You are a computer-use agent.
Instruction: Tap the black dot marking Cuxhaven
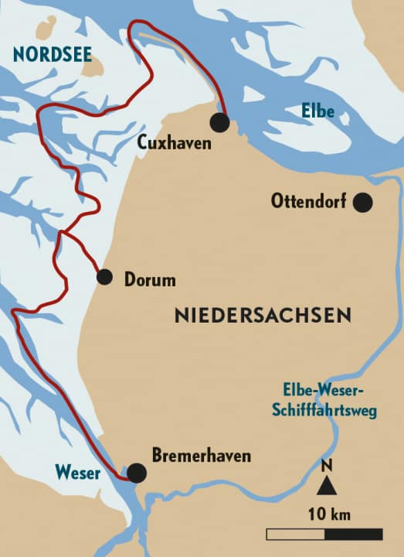(220, 121)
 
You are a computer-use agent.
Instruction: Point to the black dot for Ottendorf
(362, 203)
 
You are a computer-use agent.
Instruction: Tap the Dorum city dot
(104, 277)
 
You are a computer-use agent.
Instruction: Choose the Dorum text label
(150, 280)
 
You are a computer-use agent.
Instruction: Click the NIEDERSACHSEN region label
(263, 316)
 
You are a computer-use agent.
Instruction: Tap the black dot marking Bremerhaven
(137, 473)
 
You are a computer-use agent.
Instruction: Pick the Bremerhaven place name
(201, 456)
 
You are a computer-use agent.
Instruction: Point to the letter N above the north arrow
(326, 467)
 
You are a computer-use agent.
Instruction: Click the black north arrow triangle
(326, 485)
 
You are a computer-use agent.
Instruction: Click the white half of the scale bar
(295, 534)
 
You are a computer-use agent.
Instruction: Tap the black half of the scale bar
(353, 534)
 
